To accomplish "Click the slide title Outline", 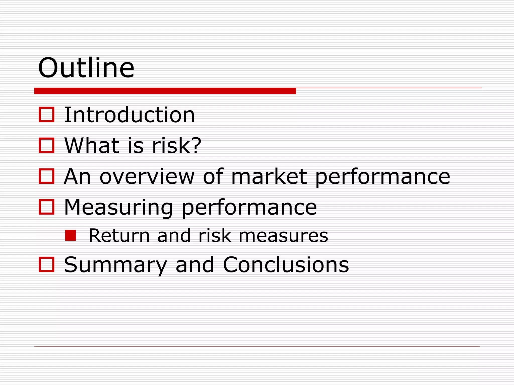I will point(86,68).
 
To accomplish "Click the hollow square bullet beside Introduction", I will point(47,115).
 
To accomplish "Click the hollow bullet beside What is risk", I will point(47,145).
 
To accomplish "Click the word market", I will point(269,176).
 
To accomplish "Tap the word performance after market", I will point(382,177).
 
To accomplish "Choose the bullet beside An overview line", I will point(47,176).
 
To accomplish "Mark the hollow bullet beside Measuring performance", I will point(47,207).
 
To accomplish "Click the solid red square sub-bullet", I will point(71,235).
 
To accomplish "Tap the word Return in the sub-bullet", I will point(119,236).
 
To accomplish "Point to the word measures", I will point(283,236).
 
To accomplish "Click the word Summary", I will point(115,265).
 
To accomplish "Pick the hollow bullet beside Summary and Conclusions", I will point(47,264).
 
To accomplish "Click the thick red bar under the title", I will point(165,91).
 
